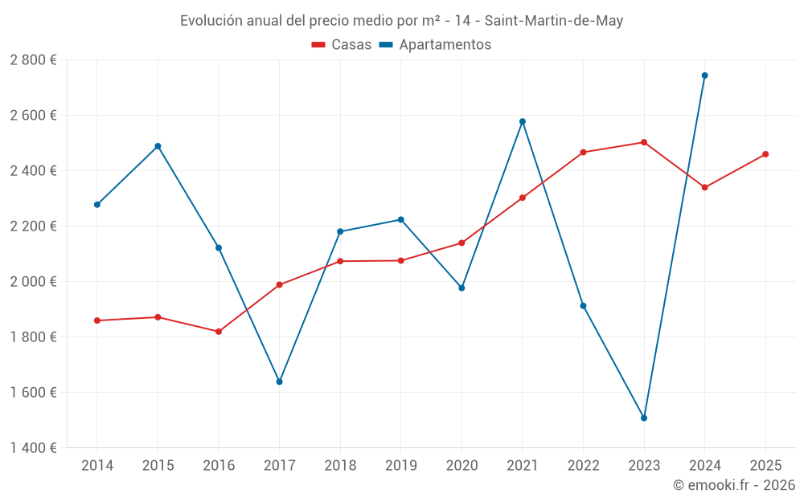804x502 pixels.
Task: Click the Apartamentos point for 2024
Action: pyautogui.click(x=704, y=76)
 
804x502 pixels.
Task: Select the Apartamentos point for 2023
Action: pyautogui.click(x=644, y=418)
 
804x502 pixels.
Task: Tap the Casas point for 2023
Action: pyautogui.click(x=644, y=142)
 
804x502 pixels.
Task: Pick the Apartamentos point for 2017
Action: pyautogui.click(x=279, y=382)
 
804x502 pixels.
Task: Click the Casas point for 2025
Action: pyautogui.click(x=765, y=154)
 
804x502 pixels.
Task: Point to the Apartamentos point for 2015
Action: pyautogui.click(x=158, y=146)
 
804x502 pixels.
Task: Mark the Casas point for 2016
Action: pyautogui.click(x=219, y=332)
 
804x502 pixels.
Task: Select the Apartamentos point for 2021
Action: pyautogui.click(x=523, y=121)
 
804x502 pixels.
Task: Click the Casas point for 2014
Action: pyautogui.click(x=97, y=320)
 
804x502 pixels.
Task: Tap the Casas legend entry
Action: pyautogui.click(x=342, y=45)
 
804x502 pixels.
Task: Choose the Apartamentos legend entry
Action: pyautogui.click(x=435, y=45)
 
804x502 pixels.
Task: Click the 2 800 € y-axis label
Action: pyautogui.click(x=34, y=60)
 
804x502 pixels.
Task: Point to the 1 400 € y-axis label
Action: pyautogui.click(x=34, y=448)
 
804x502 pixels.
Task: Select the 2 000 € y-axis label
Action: pyautogui.click(x=34, y=282)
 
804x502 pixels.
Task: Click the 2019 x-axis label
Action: pyautogui.click(x=400, y=465)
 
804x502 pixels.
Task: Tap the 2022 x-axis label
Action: pyautogui.click(x=583, y=465)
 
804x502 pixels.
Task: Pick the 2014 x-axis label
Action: pyautogui.click(x=97, y=465)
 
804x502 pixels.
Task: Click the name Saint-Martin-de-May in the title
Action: pyautogui.click(x=554, y=21)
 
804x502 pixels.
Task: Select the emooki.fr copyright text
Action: pyautogui.click(x=734, y=485)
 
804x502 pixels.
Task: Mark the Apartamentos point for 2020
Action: pyautogui.click(x=461, y=288)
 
